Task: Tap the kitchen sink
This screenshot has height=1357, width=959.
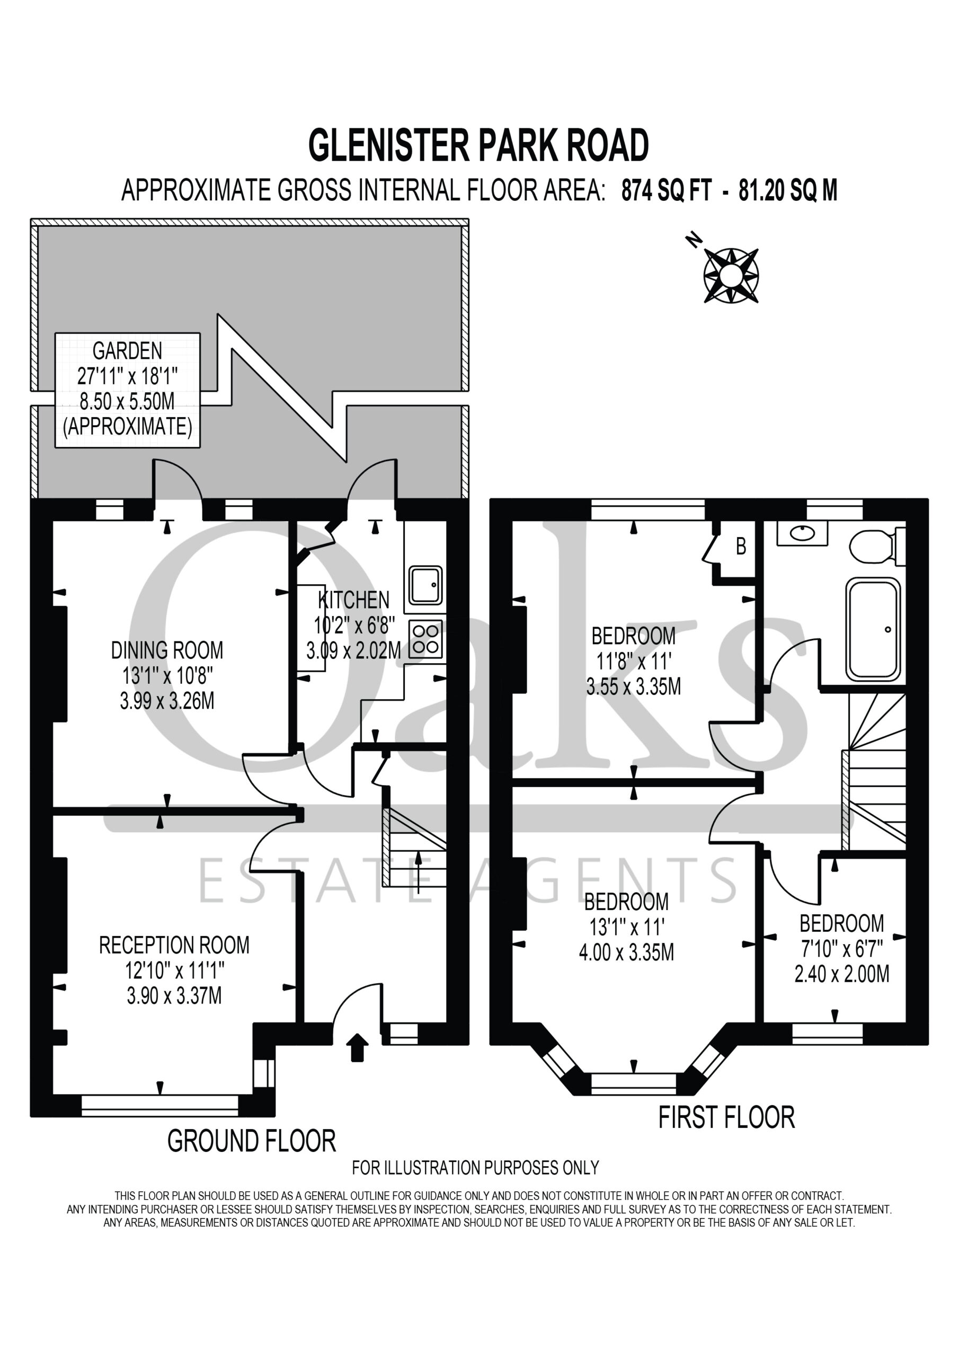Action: (425, 585)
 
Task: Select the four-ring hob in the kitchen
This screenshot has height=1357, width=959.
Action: (425, 639)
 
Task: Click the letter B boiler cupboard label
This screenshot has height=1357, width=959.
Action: (741, 545)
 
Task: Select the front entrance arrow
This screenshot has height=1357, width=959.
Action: (357, 1048)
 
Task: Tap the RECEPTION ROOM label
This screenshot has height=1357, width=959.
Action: (174, 945)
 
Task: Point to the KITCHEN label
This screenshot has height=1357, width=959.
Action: (354, 600)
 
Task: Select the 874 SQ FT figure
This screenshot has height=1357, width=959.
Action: (666, 190)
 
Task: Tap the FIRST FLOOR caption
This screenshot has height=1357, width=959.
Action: (726, 1117)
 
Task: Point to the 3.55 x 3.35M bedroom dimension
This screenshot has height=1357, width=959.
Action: (634, 687)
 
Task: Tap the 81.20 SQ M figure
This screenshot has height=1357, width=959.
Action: (788, 190)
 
